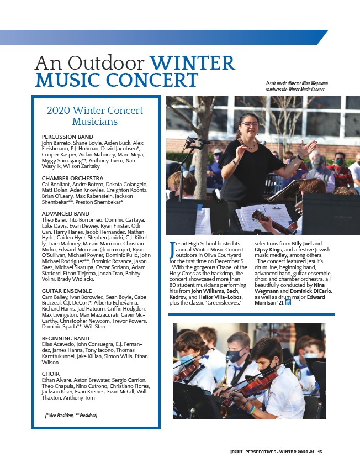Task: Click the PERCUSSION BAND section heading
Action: click(67, 137)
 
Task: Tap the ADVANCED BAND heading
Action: click(66, 213)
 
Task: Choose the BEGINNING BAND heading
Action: click(66, 338)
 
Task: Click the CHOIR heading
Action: click(51, 374)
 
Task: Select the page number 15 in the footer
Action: click(320, 452)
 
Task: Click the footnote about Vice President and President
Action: click(71, 414)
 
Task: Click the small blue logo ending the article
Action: click(288, 302)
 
